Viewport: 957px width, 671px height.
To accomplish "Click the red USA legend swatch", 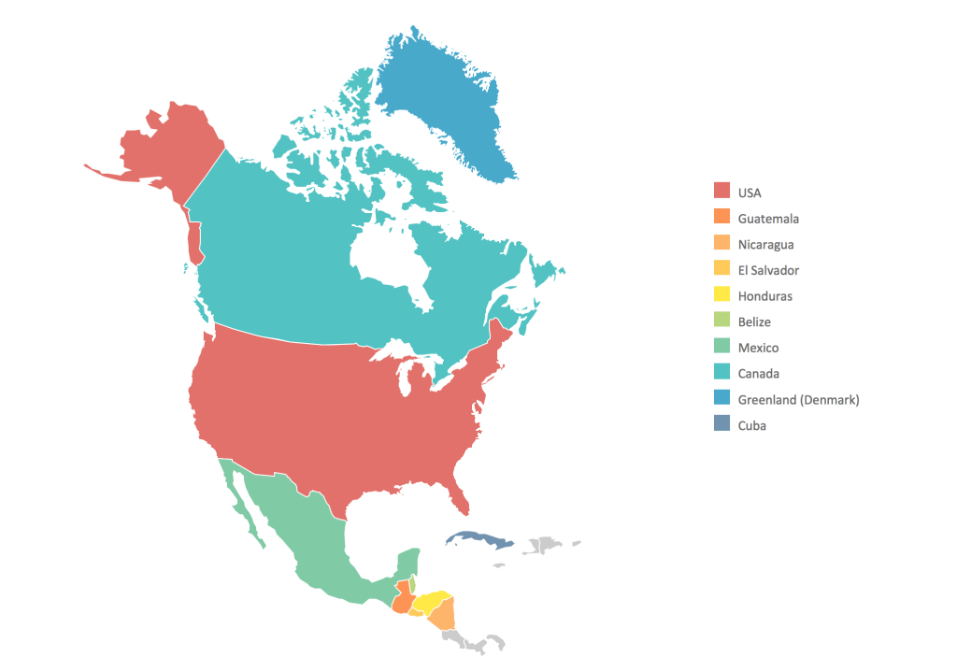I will (x=721, y=192).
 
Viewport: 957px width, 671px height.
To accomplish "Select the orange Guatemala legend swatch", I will (x=721, y=218).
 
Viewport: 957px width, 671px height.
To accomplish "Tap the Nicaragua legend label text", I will (x=765, y=244).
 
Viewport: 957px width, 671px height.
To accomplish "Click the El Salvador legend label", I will (x=768, y=270).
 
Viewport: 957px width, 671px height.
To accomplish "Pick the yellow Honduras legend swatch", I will (x=721, y=295).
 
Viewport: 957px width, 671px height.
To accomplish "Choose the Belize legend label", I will (x=754, y=321).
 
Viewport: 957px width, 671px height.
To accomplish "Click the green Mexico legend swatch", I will (x=721, y=348).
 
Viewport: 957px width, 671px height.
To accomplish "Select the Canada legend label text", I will (x=758, y=374).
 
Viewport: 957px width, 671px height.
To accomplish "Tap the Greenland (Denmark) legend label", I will (x=798, y=399).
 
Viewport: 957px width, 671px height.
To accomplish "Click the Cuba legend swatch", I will (x=721, y=425).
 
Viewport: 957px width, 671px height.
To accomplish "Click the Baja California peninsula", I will (x=241, y=500).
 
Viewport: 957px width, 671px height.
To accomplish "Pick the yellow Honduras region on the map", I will (x=432, y=600).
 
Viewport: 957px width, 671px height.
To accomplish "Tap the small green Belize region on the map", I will (x=412, y=585).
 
